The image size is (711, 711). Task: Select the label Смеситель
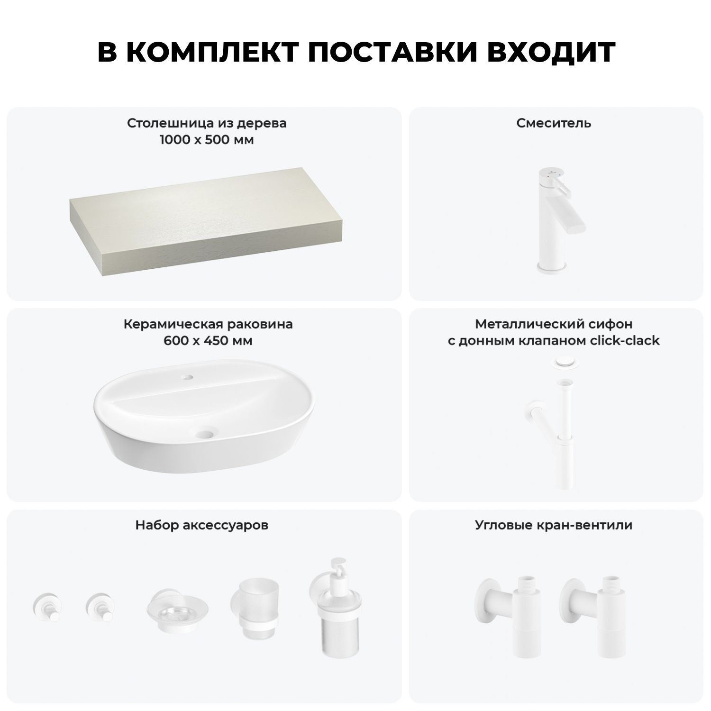pos(554,123)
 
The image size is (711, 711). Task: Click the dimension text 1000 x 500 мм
pos(206,140)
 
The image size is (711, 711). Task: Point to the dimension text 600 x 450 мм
pos(208,341)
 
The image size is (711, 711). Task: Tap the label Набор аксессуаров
pos(202,525)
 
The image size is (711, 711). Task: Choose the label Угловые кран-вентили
pos(554,525)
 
